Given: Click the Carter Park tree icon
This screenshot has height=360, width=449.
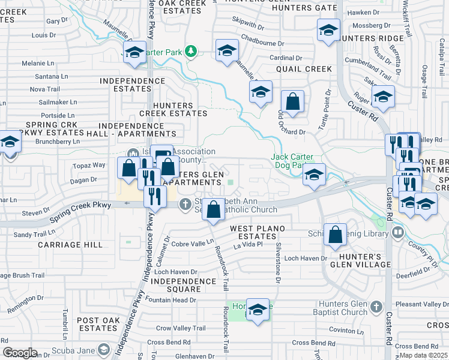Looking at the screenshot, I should click(x=191, y=52).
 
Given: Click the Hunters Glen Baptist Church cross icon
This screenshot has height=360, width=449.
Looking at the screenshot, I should click(x=376, y=307).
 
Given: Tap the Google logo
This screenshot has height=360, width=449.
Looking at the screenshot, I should click(x=20, y=353).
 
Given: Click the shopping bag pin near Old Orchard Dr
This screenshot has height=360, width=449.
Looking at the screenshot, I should click(x=293, y=103).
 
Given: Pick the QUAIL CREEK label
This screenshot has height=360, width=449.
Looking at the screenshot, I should click(x=304, y=69).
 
